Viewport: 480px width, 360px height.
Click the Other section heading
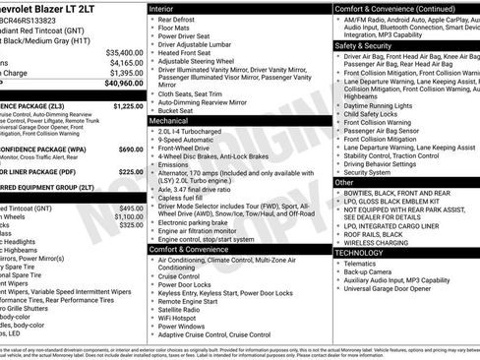[x=344, y=182]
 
